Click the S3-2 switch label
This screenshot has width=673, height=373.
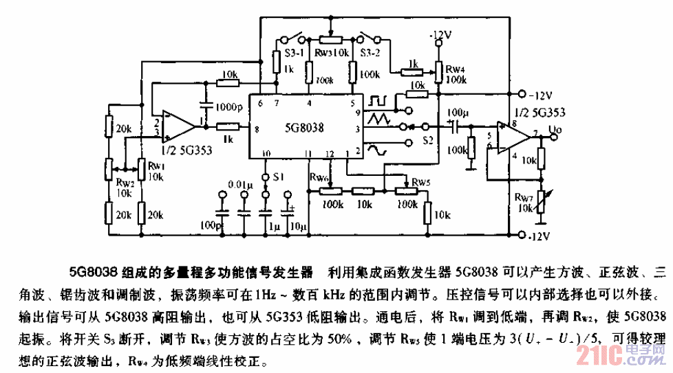pyautogui.click(x=372, y=52)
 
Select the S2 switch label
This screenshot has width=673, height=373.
pyautogui.click(x=428, y=141)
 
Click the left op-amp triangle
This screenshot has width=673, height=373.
pyautogui.click(x=178, y=126)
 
